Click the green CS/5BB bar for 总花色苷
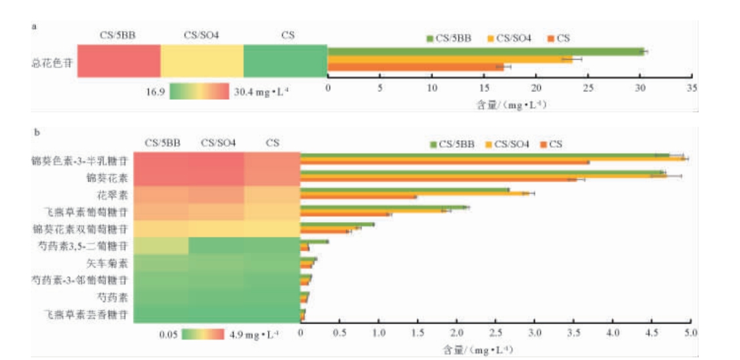pos(486,51)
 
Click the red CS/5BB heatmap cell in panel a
pos(119,61)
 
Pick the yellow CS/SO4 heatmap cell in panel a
pos(202,61)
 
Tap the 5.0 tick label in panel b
pos(690,334)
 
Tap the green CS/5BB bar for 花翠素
pos(404,190)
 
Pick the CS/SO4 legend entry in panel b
pos(509,144)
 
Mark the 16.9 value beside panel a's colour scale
pos(155,92)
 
